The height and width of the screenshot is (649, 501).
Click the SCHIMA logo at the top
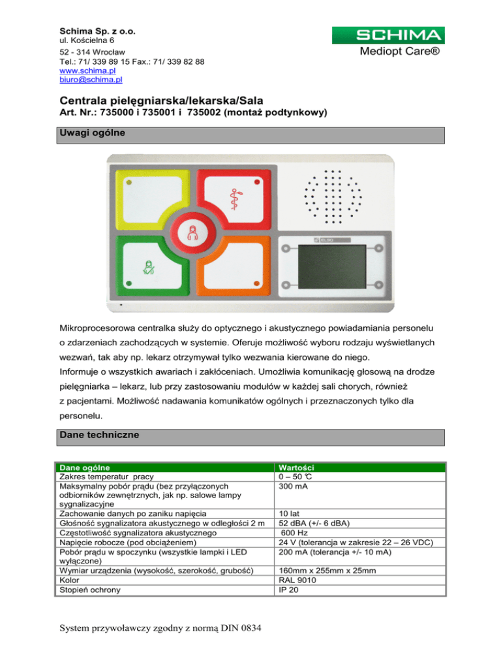pos(388,35)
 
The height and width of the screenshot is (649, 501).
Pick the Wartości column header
pos(297,467)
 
